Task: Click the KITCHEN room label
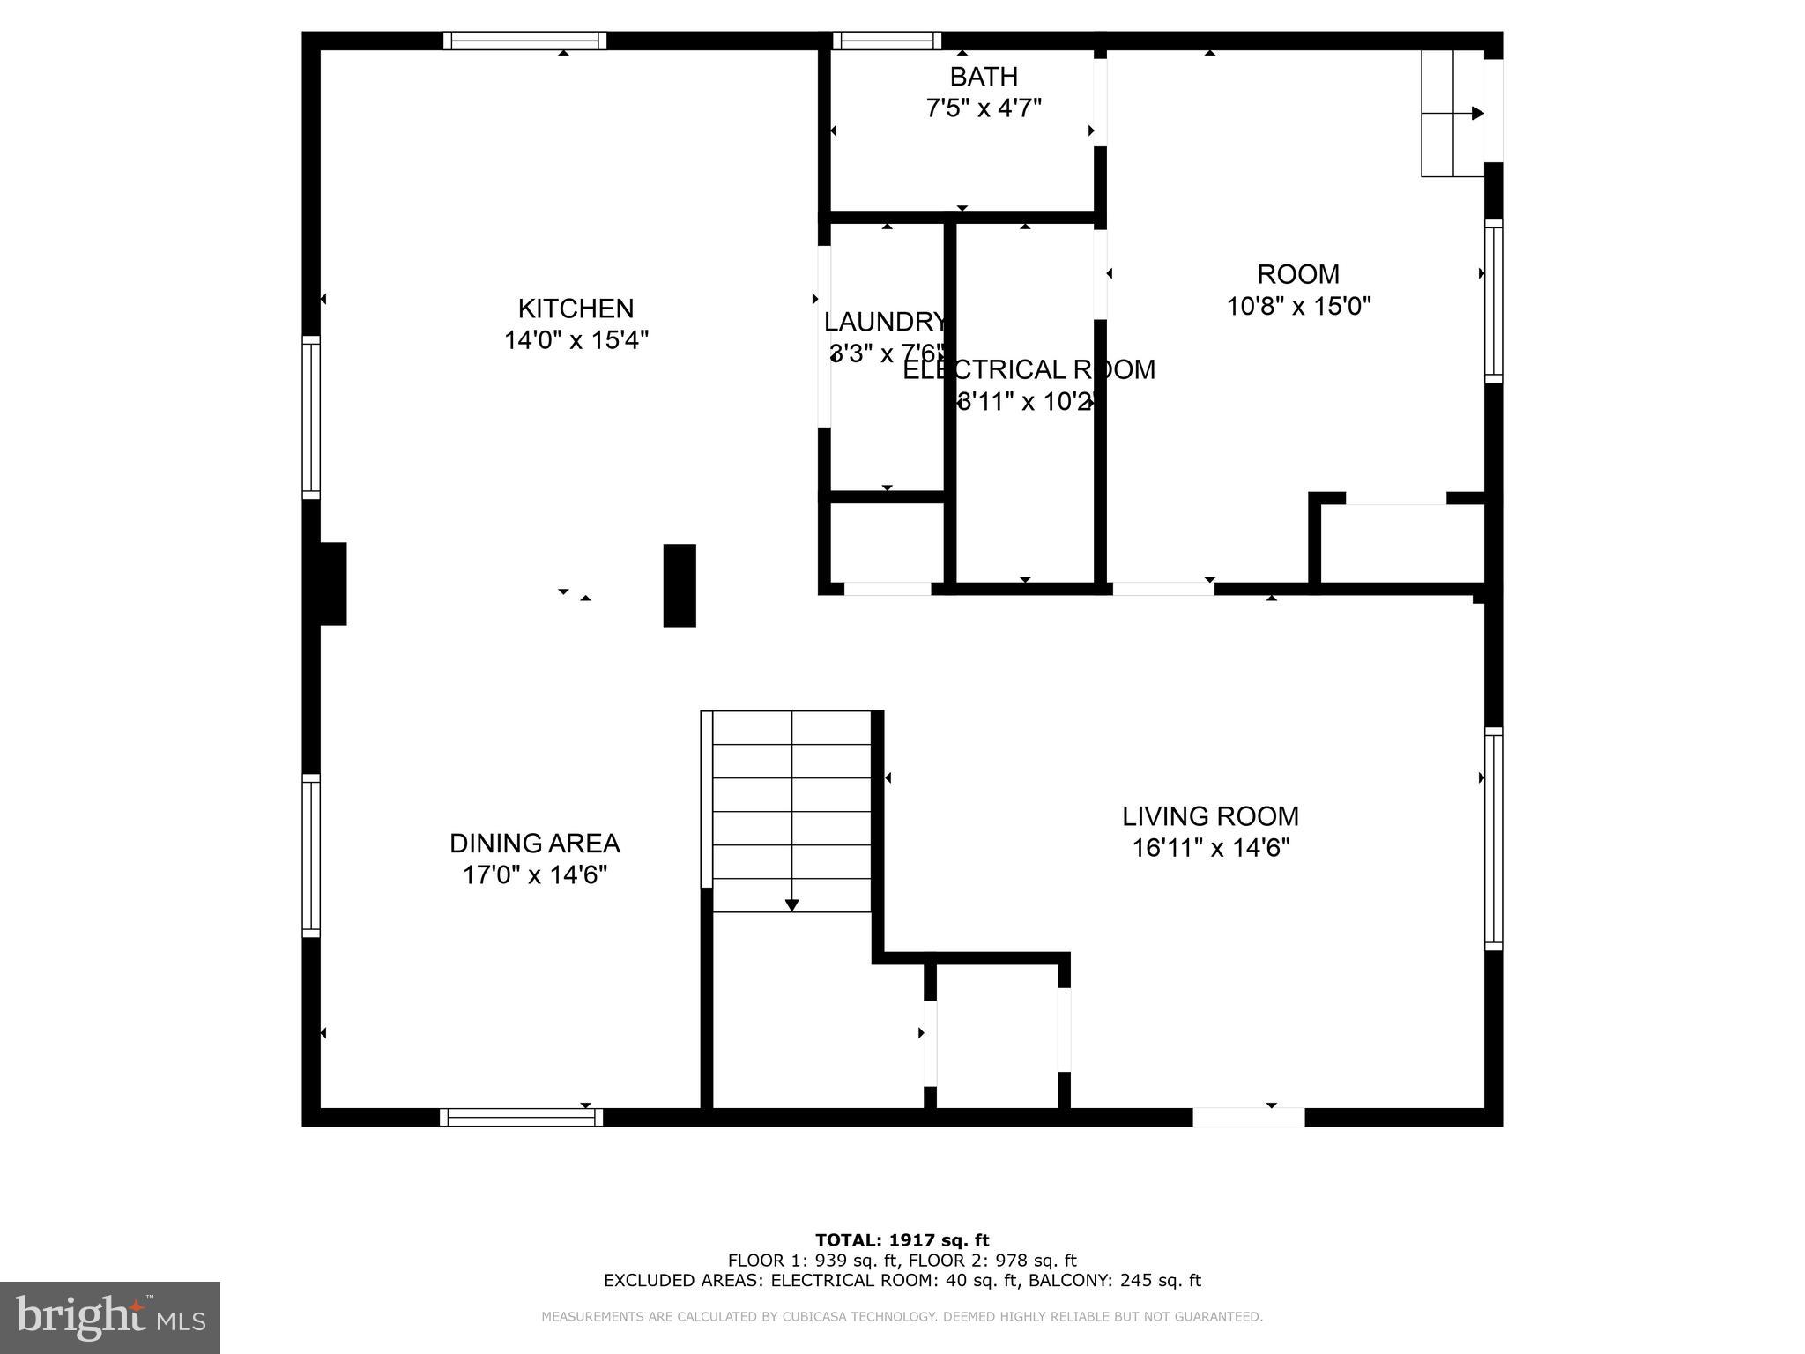click(576, 309)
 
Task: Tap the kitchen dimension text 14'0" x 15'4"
click(576, 340)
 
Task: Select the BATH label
click(984, 77)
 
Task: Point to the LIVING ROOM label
click(1210, 816)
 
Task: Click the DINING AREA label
click(534, 844)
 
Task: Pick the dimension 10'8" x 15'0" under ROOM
click(1298, 306)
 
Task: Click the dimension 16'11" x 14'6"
click(1210, 848)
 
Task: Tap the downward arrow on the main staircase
click(791, 904)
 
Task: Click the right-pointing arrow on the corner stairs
click(1477, 113)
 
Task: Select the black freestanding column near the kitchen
click(679, 585)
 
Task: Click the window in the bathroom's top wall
click(887, 41)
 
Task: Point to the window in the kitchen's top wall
click(524, 41)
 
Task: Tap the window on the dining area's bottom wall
click(522, 1118)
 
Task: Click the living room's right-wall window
click(1493, 838)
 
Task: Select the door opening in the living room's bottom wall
click(1248, 1118)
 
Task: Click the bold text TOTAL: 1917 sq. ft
click(902, 1240)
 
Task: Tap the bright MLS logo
click(109, 1317)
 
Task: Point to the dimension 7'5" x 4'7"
click(984, 108)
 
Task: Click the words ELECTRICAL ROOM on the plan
click(1029, 369)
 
